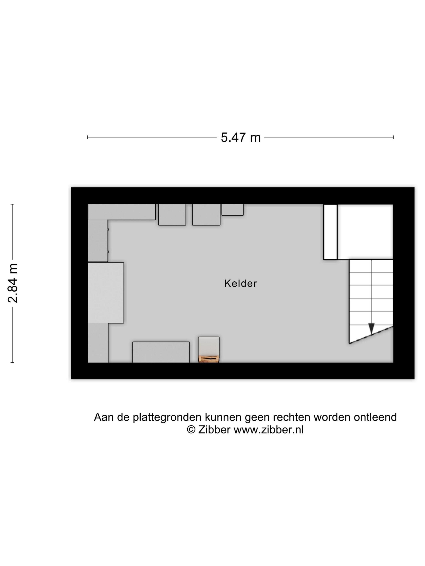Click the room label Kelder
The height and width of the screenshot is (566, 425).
coord(240,284)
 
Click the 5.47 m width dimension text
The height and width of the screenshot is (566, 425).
coord(241,137)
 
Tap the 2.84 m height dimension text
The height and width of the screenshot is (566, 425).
coord(13,283)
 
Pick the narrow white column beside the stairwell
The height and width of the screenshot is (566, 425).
coord(330,232)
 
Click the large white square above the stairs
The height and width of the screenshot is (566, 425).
coord(365,232)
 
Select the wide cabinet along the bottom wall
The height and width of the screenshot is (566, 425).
coord(161,352)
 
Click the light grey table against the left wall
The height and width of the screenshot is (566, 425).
coord(106,293)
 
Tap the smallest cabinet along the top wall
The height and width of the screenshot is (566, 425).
coord(232,210)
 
